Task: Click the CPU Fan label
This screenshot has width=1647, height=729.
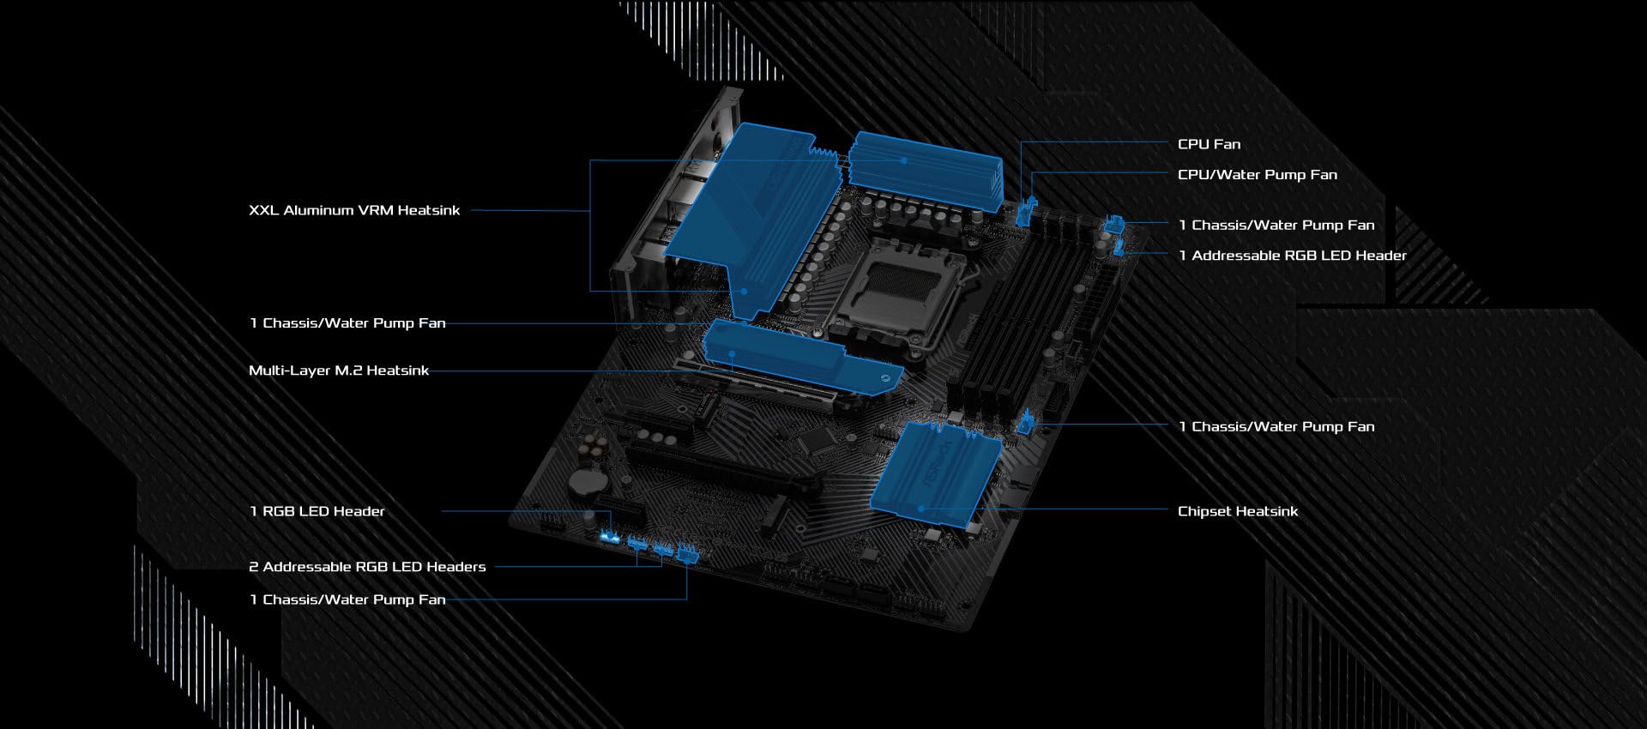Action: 1209,144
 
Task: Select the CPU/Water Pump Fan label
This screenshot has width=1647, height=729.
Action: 1257,174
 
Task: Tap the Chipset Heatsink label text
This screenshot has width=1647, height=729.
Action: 1237,511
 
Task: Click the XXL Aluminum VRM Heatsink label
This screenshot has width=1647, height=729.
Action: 354,210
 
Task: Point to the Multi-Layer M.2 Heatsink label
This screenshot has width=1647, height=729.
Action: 339,371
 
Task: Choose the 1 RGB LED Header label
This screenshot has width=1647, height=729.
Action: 317,511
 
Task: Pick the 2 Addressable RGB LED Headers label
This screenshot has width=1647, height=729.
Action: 367,567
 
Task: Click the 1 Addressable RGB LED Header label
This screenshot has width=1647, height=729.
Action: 1292,256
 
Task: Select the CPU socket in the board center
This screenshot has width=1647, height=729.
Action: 892,292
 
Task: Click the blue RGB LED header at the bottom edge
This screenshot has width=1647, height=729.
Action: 611,537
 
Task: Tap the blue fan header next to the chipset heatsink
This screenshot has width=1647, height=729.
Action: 1026,422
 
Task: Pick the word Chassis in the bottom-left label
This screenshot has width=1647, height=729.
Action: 294,599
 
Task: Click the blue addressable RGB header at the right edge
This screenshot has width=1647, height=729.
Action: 1119,248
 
